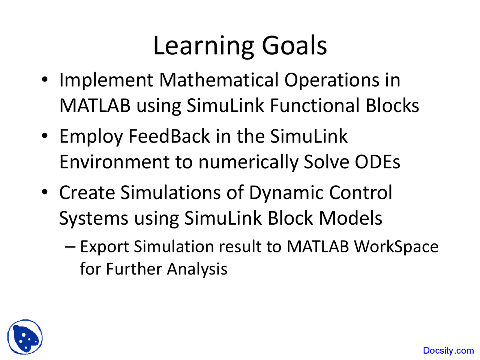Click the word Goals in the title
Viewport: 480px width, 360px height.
point(294,45)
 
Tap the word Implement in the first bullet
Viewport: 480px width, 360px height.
point(106,81)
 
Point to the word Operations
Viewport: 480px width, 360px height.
point(331,81)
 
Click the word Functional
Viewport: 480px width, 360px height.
point(315,106)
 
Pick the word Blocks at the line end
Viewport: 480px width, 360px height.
point(392,106)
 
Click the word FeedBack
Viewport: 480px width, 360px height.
point(169,136)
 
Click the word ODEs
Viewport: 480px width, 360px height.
point(377,162)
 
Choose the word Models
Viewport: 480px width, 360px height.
point(351,218)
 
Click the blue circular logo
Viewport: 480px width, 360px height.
point(25,337)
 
